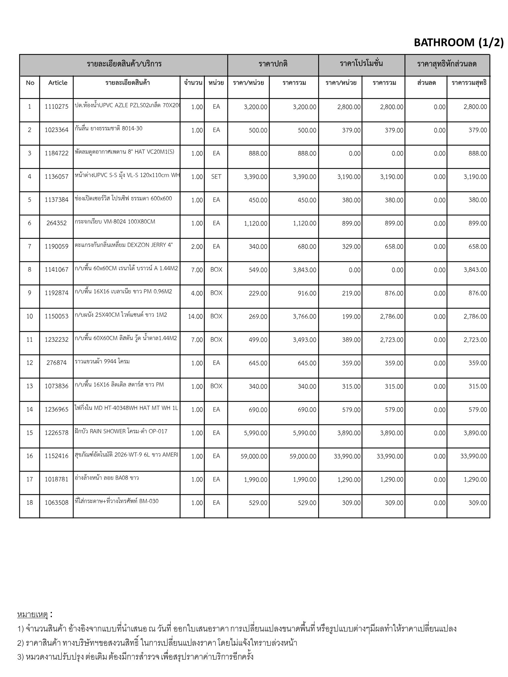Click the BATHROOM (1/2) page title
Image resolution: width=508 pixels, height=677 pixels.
click(x=458, y=42)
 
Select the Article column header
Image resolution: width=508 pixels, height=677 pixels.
click(x=58, y=83)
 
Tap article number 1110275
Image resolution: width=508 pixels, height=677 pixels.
click(x=57, y=107)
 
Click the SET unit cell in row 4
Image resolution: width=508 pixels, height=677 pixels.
click(x=216, y=177)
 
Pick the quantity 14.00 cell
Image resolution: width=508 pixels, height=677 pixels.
click(x=195, y=317)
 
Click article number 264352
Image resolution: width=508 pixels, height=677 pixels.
click(x=57, y=223)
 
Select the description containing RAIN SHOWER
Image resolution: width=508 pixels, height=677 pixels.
click(x=121, y=431)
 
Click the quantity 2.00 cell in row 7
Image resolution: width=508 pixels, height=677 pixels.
click(x=197, y=247)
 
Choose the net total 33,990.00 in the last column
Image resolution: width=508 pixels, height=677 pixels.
click(x=474, y=457)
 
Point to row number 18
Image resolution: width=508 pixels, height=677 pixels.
click(x=29, y=503)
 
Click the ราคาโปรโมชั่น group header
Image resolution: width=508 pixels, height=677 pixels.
click(x=361, y=64)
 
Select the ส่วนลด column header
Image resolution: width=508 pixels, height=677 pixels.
click(x=426, y=83)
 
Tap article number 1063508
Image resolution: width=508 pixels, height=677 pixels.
click(x=57, y=503)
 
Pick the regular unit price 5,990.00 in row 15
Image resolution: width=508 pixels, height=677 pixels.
click(x=255, y=433)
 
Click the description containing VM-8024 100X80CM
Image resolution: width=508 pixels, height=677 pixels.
click(x=115, y=222)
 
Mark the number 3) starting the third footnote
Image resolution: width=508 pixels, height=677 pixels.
click(x=21, y=657)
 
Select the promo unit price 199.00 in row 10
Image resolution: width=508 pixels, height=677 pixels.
click(x=351, y=317)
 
